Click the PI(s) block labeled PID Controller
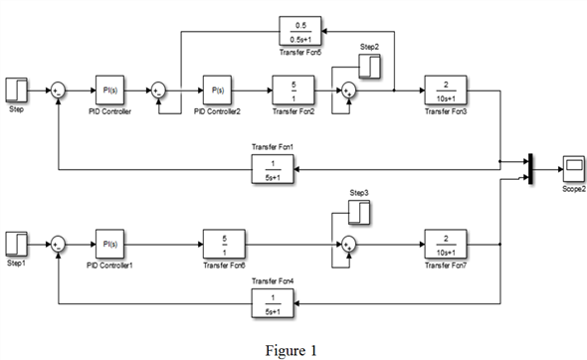pos(110,90)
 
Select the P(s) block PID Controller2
pos(218,90)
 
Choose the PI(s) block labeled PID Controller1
pos(110,243)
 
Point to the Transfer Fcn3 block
pos(447,90)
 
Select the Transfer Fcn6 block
pos(227,243)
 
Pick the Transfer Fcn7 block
pos(447,243)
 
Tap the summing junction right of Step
pos(58,90)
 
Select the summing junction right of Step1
pos(58,243)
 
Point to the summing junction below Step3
pos(347,243)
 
